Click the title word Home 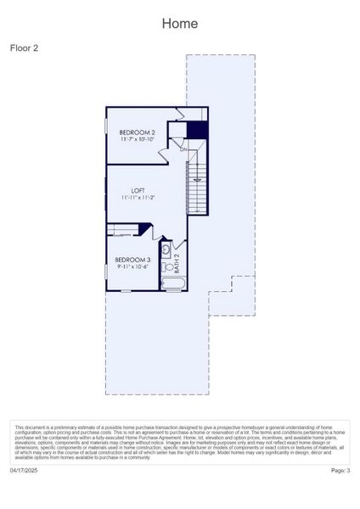tap(180, 24)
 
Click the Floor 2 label tap(24, 48)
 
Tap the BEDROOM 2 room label tap(137, 132)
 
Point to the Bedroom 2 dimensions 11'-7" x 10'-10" tap(137, 139)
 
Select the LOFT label tap(138, 190)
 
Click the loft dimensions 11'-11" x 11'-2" tap(138, 198)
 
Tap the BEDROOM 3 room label tap(132, 260)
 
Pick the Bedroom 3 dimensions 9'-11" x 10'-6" tap(132, 266)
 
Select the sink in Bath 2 tap(166, 249)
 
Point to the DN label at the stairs tap(183, 150)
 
